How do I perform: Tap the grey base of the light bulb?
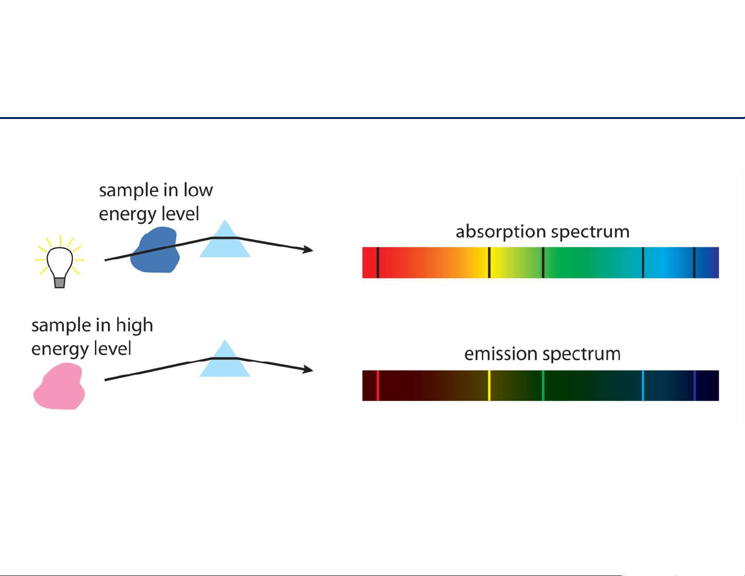[60, 283]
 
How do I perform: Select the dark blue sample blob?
[155, 250]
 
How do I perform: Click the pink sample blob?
[59, 386]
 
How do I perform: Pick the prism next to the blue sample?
[225, 239]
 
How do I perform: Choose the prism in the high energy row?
[225, 358]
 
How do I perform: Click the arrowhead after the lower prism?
[308, 369]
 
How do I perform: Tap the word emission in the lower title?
[501, 354]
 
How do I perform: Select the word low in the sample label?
[198, 190]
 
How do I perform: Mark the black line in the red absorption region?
[378, 263]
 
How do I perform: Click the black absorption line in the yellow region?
[489, 263]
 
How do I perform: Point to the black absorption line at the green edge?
[543, 263]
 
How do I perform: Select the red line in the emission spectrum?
[378, 386]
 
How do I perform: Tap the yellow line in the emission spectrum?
[489, 386]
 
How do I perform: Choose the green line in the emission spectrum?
[543, 386]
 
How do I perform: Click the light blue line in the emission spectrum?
[643, 386]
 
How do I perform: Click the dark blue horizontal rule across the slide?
[372, 118]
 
